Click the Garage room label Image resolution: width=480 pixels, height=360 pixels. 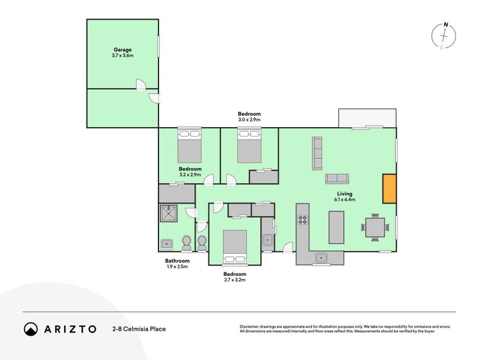(x=122, y=52)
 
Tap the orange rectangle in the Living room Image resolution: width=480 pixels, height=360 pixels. (x=389, y=188)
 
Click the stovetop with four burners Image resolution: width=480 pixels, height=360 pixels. (x=303, y=220)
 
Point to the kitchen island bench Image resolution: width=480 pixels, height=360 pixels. (x=337, y=227)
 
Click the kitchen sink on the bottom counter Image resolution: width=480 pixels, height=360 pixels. (x=322, y=258)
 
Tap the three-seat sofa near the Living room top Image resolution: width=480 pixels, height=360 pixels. (x=317, y=153)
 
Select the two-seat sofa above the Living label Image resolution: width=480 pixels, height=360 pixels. (x=337, y=178)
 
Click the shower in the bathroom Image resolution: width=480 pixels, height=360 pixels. (x=170, y=213)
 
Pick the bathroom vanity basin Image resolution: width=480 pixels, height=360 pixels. (x=166, y=244)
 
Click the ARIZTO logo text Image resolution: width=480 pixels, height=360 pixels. (x=68, y=329)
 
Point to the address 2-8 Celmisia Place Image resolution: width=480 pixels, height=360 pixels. (x=139, y=329)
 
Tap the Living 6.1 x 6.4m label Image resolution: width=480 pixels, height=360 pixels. (x=344, y=197)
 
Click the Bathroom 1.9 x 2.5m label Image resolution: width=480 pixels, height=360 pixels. (x=177, y=264)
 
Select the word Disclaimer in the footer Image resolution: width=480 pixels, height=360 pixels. (x=251, y=326)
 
